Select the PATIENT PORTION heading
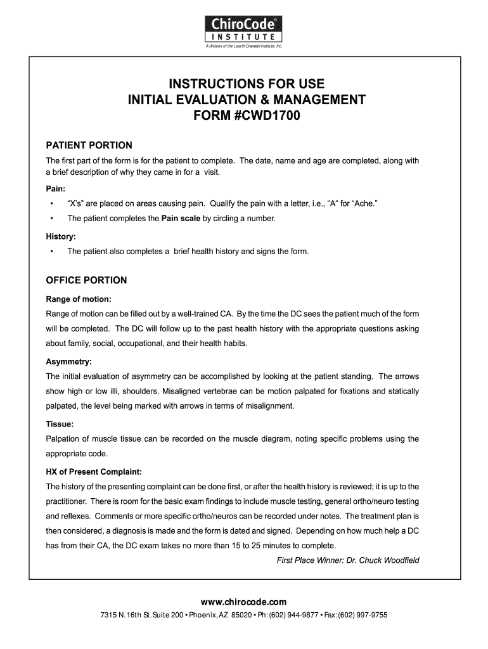pyautogui.click(x=89, y=145)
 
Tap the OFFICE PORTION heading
pyautogui.click(x=86, y=280)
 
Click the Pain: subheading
pyautogui.click(x=55, y=189)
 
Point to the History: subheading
pyautogui.click(x=61, y=236)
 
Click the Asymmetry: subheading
pyautogui.click(x=69, y=361)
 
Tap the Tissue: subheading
pyautogui.click(x=60, y=423)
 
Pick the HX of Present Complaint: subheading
pyautogui.click(x=93, y=471)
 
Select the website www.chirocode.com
pyautogui.click(x=244, y=601)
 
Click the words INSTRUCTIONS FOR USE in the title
pyautogui.click(x=247, y=84)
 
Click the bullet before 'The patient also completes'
pyautogui.click(x=51, y=252)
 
